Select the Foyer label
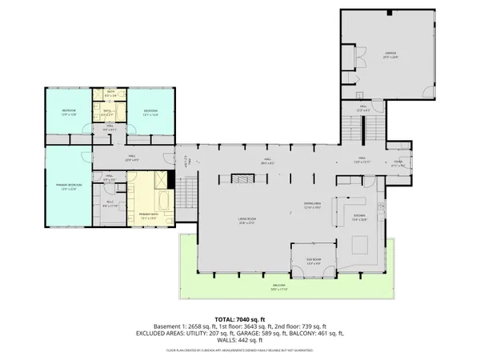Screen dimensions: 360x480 (397, 166)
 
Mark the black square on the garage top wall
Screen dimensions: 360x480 (389, 13)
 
